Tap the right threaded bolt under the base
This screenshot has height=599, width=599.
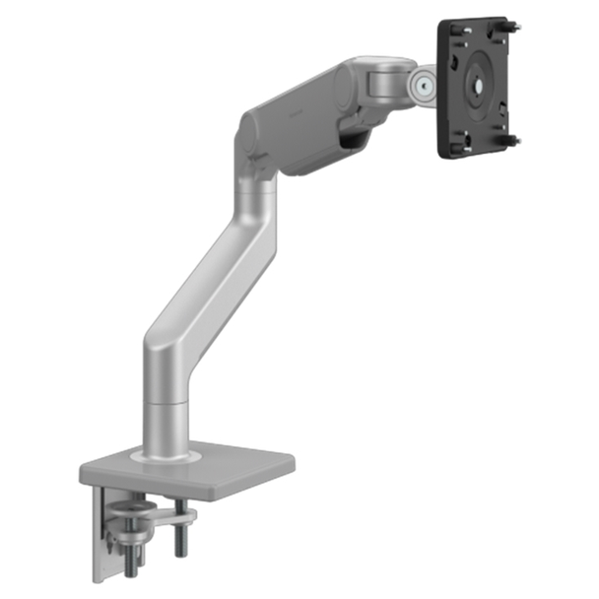tap(183, 537)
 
